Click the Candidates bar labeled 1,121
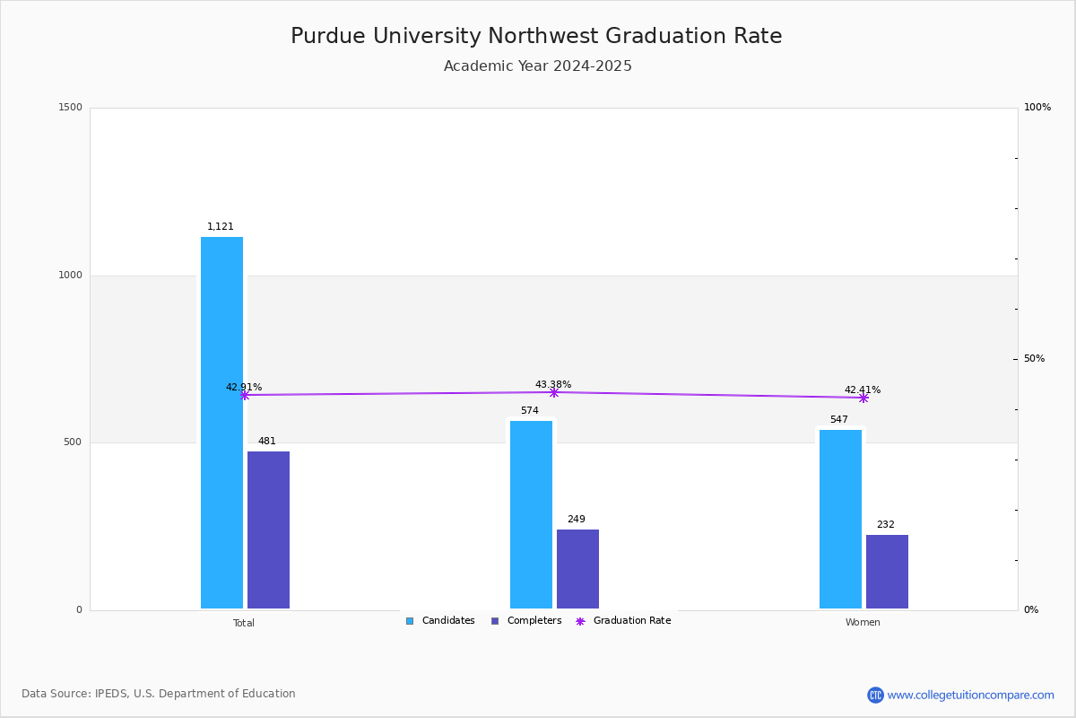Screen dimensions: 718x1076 click(221, 423)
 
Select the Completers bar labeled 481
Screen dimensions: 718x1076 click(268, 530)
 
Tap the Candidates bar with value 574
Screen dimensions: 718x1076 click(531, 514)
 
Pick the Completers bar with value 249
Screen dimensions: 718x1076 click(577, 569)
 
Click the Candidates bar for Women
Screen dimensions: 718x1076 click(840, 519)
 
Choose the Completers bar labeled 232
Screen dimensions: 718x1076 click(887, 572)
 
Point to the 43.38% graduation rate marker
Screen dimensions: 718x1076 click(553, 392)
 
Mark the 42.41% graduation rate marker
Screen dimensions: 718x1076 click(863, 398)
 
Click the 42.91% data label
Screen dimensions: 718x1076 click(244, 388)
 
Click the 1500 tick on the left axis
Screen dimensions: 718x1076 click(72, 108)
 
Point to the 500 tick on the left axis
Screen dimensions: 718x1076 click(72, 442)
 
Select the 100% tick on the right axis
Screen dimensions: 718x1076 click(1037, 108)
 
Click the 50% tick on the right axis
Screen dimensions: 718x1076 click(1034, 359)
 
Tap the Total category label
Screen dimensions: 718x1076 click(244, 623)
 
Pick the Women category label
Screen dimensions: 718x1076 click(863, 623)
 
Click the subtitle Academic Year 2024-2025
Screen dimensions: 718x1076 click(538, 66)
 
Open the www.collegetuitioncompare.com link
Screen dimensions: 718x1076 click(970, 695)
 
